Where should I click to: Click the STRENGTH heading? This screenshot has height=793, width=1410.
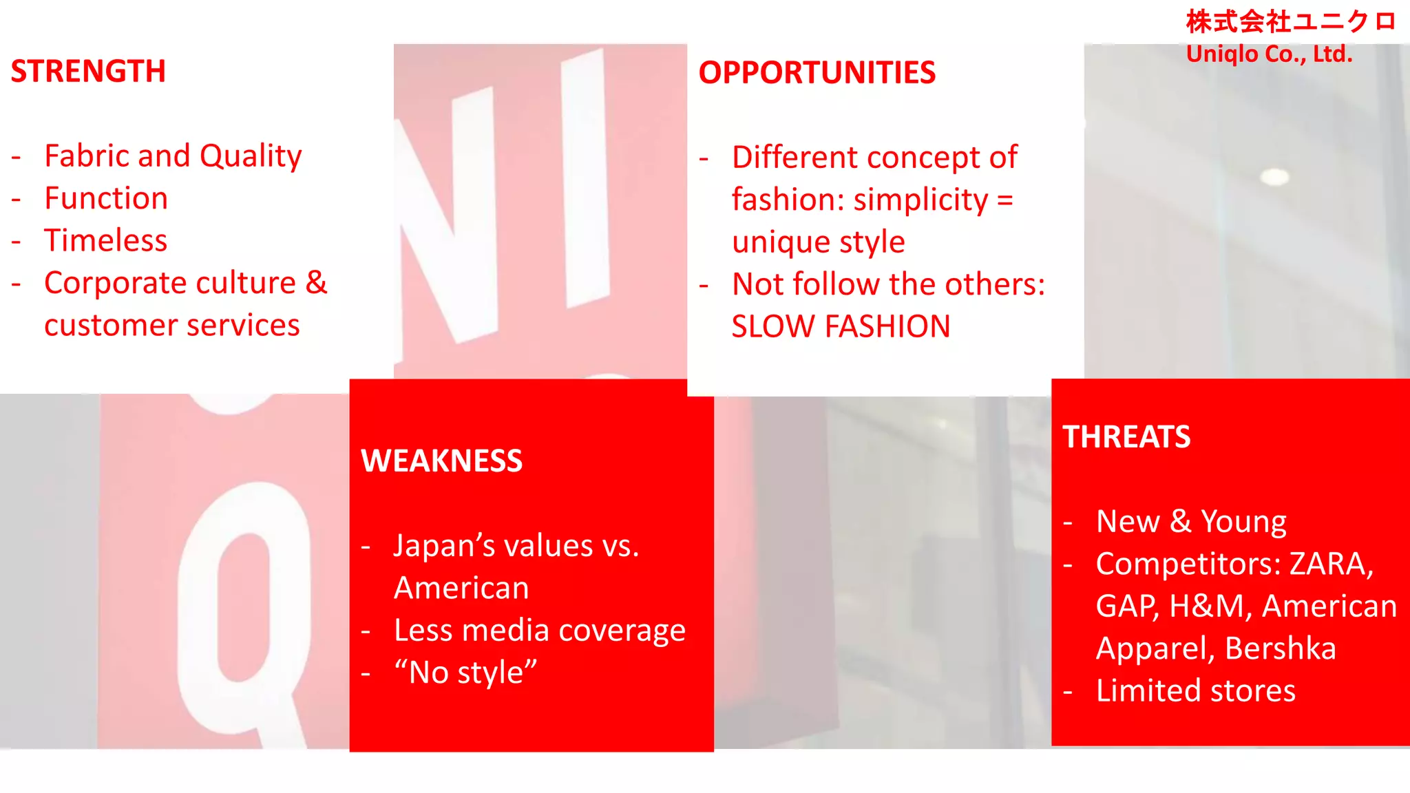(x=88, y=71)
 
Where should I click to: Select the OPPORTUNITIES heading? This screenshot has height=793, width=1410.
(x=817, y=72)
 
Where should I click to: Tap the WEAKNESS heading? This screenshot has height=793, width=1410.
(x=441, y=461)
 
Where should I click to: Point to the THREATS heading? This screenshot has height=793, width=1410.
(x=1126, y=436)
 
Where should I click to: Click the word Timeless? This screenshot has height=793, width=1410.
(x=105, y=240)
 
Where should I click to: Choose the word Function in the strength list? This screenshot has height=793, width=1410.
(x=106, y=198)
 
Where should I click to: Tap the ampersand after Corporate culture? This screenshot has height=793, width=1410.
(x=316, y=282)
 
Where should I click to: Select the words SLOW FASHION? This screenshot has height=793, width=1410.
(x=841, y=326)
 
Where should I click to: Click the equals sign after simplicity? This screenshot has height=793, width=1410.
(x=1004, y=200)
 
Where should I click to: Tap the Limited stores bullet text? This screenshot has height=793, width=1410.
(x=1195, y=690)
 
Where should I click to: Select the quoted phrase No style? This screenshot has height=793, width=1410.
(x=465, y=673)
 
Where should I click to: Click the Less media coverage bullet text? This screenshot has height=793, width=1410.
(x=539, y=631)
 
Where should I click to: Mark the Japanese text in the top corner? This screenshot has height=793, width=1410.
(x=1290, y=22)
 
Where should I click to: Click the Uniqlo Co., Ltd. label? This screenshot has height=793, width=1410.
(x=1269, y=54)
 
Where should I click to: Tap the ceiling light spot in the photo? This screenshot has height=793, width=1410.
(x=1274, y=176)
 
